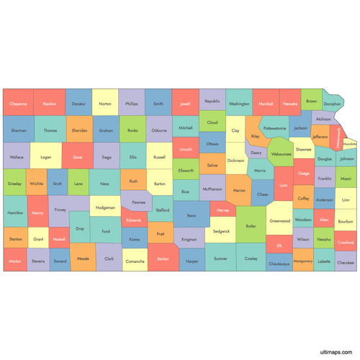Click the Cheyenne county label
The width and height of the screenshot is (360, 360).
18,104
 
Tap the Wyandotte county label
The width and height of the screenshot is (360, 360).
350,143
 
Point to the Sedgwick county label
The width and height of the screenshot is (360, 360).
222,231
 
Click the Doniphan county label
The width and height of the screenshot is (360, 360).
333,104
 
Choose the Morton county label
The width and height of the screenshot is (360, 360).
14,261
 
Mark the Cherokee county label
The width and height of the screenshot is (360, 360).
346,263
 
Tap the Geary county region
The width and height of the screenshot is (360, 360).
256,153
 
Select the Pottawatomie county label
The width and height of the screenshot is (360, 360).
274,128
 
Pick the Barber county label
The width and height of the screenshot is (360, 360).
163,258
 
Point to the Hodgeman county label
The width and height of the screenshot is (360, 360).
105,207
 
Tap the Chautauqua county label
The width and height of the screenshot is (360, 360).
279,264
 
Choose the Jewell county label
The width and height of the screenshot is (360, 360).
186,104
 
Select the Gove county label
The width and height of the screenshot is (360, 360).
78,156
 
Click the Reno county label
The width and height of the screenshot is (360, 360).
191,215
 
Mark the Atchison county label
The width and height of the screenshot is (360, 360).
323,119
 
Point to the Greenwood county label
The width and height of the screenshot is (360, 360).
279,220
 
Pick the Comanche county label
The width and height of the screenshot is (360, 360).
135,261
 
